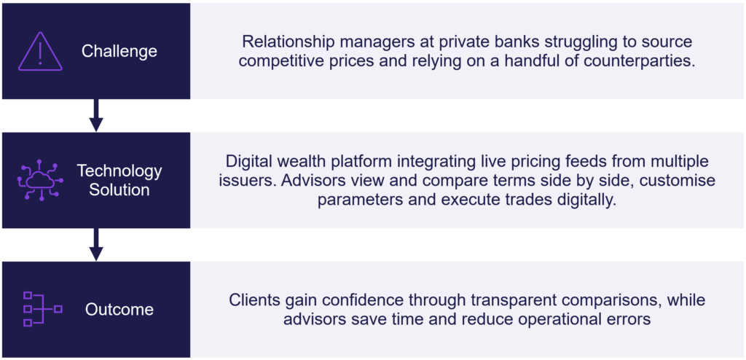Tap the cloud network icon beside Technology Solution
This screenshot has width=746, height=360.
pyautogui.click(x=41, y=180)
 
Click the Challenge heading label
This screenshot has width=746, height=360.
pyautogui.click(x=119, y=51)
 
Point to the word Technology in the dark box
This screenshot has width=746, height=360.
pyautogui.click(x=119, y=171)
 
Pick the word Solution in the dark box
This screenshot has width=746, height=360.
pyautogui.click(x=119, y=189)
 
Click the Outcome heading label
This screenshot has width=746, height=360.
pyautogui.click(x=119, y=310)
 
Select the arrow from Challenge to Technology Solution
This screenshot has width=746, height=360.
pyautogui.click(x=96, y=115)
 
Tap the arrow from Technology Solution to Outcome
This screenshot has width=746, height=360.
pyautogui.click(x=96, y=245)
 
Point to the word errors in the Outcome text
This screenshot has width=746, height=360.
pyautogui.click(x=627, y=320)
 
